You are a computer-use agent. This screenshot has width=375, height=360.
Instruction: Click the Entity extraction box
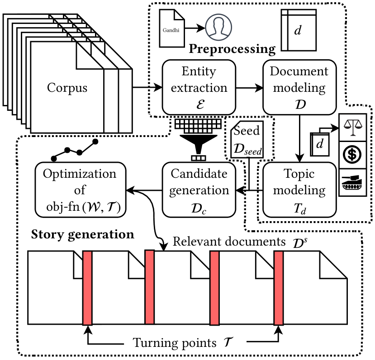199,87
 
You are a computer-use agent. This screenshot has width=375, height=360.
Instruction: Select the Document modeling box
299,87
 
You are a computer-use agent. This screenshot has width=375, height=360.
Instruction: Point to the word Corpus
67,87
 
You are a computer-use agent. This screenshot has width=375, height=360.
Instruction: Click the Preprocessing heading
232,49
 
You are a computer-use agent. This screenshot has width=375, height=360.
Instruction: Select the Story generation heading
82,235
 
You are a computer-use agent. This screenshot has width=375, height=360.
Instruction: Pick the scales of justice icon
353,126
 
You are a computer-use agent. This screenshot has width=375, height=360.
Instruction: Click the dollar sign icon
353,154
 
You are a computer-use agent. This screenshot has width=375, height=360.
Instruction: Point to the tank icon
353,182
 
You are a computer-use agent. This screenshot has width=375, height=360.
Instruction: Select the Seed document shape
247,140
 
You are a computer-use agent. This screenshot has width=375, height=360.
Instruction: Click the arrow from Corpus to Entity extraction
147,87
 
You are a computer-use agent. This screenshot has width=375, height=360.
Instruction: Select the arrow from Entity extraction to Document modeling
249,87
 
